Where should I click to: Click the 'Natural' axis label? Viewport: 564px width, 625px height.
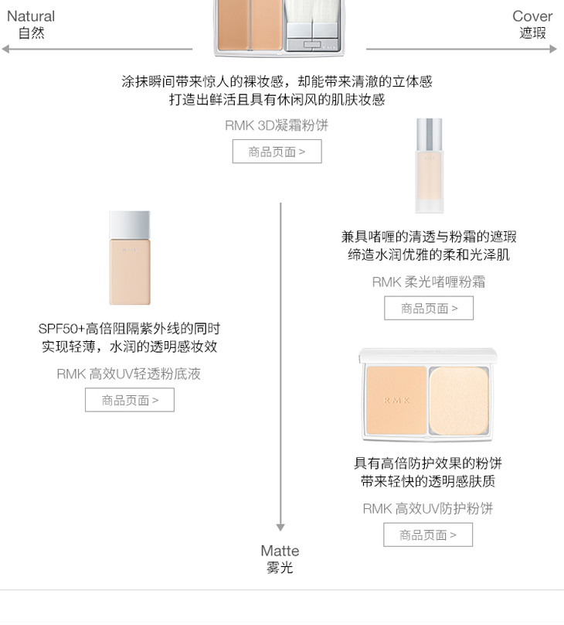coord(31,16)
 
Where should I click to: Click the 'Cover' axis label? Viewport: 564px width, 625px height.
coord(532,16)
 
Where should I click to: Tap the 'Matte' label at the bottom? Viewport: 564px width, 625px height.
coord(280,551)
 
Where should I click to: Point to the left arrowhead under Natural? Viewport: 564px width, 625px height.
coord(5,49)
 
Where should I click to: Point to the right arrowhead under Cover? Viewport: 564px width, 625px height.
coord(553,49)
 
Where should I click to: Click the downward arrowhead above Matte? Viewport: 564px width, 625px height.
coord(280,528)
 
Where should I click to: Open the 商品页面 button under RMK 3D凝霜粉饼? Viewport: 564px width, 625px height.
coord(277,152)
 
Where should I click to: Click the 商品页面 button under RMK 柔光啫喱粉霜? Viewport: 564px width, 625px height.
coord(429,308)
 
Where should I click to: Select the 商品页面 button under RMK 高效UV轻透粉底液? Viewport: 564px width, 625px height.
coord(130,400)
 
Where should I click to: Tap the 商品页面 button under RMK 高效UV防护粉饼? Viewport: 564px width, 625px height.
coord(428,534)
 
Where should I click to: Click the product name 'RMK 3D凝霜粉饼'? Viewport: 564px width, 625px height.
coord(277,125)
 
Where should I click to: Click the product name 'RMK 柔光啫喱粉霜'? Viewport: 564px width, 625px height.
coord(429,282)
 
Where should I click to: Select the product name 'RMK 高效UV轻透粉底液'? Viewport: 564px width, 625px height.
coord(128,374)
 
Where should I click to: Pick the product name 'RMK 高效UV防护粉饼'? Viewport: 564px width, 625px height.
coord(428,509)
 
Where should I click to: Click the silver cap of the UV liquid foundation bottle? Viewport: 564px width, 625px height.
coord(130,225)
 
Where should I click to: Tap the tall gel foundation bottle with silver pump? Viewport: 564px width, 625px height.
coord(429,166)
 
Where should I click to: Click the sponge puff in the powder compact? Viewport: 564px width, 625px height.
coord(459,401)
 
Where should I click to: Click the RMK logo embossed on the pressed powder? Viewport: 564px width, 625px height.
coord(396,400)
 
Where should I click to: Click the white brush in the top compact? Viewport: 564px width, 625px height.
coord(311,11)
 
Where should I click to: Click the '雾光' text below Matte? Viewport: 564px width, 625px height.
coord(280,567)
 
